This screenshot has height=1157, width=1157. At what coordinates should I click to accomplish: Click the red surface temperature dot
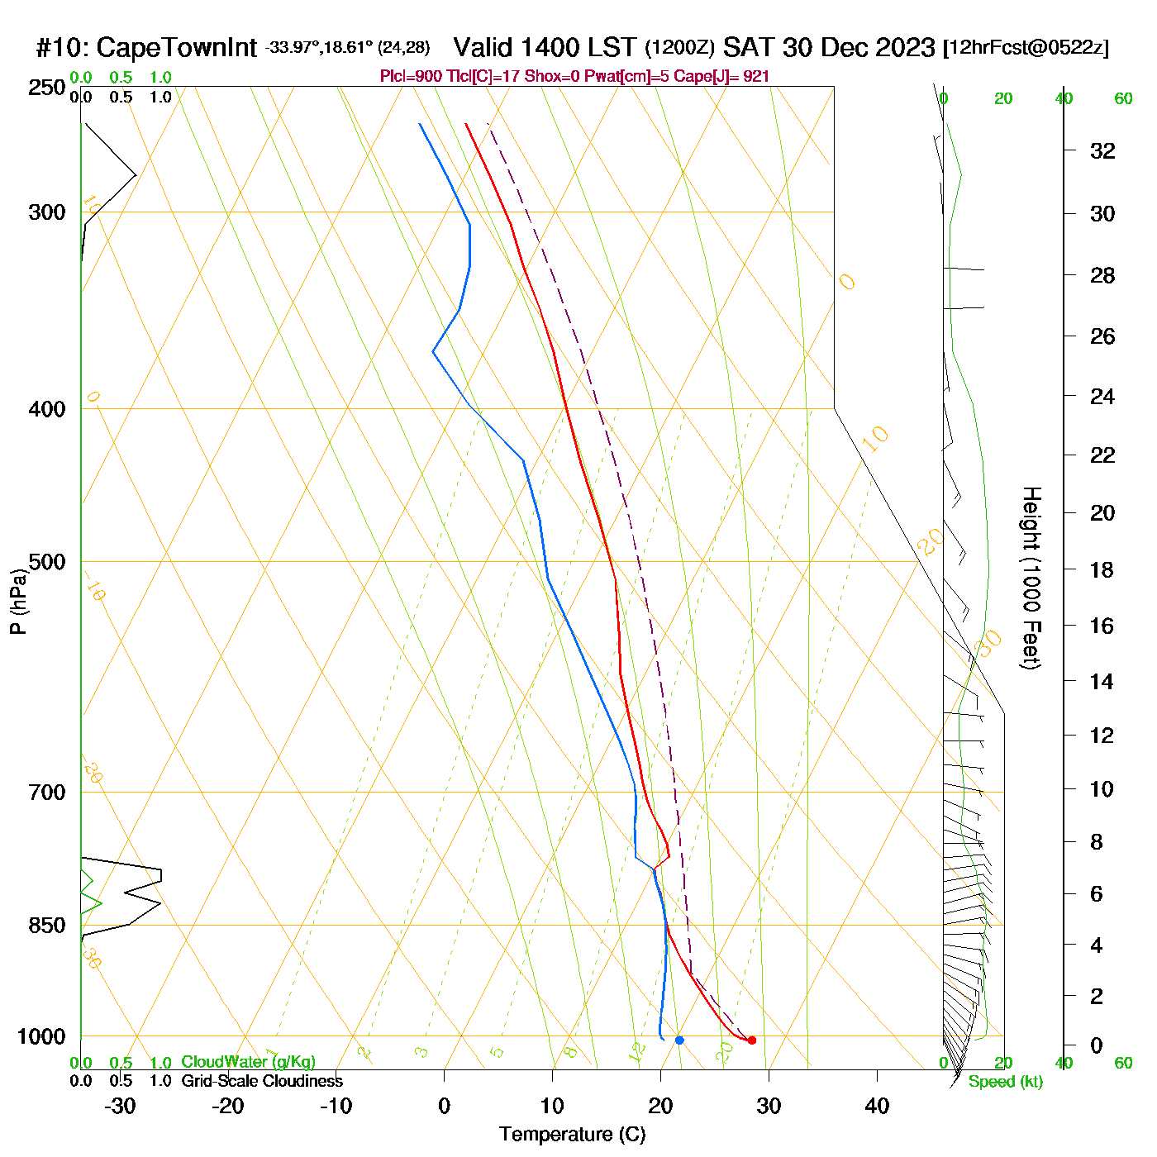tap(751, 1040)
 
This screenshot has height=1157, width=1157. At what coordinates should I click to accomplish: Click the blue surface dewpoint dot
tap(679, 1040)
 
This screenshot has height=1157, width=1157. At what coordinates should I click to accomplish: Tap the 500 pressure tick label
tap(47, 562)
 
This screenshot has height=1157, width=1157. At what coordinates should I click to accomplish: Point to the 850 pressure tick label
tap(47, 926)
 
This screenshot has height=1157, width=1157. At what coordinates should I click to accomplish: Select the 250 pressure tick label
tap(47, 87)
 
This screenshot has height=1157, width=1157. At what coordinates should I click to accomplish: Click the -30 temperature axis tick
tap(120, 1106)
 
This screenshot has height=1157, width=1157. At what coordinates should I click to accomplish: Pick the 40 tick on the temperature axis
tap(877, 1106)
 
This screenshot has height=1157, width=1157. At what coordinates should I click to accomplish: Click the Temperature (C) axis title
tap(572, 1135)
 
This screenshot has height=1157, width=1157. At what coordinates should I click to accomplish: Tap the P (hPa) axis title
tap(18, 601)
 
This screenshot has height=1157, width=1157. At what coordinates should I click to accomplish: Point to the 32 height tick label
tap(1102, 150)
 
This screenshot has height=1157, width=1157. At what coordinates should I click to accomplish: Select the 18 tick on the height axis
tap(1102, 569)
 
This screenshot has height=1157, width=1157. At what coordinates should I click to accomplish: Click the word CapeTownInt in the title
tap(177, 48)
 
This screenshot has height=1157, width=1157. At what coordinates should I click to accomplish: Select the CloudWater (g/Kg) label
tap(248, 1062)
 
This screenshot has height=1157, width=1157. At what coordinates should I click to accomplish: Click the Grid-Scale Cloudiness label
tap(262, 1081)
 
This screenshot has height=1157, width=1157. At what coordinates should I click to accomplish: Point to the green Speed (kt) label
tap(1005, 1082)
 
